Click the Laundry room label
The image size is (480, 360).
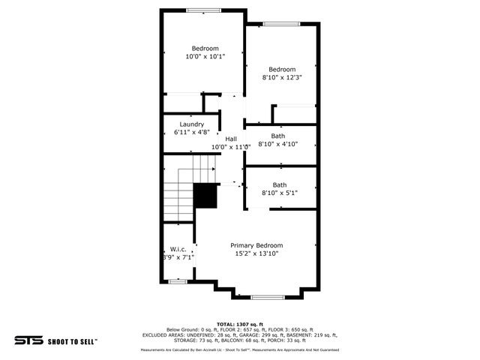pyautogui.click(x=192, y=124)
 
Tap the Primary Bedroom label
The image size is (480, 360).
pyautogui.click(x=256, y=245)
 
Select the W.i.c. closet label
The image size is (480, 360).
pyautogui.click(x=178, y=249)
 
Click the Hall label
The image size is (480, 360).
pyautogui.click(x=231, y=139)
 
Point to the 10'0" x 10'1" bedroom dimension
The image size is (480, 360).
pyautogui.click(x=205, y=56)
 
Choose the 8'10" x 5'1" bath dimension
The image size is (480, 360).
pyautogui.click(x=279, y=193)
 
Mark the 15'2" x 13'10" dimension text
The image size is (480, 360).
pyautogui.click(x=256, y=253)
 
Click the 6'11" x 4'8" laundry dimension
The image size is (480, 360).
pyautogui.click(x=192, y=132)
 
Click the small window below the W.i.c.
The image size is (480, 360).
pyautogui.click(x=177, y=280)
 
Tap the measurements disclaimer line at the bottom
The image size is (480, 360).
pyautogui.click(x=240, y=349)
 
